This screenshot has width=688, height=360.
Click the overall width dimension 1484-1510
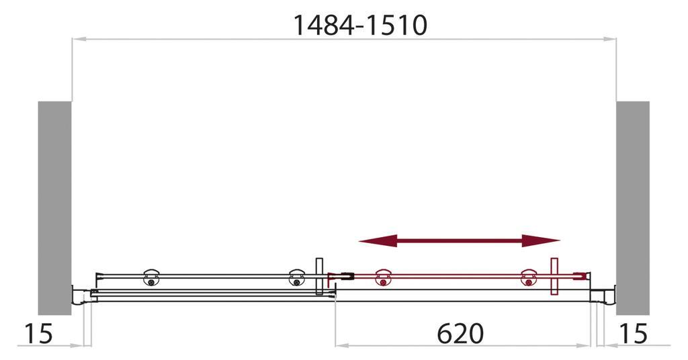click(x=360, y=25)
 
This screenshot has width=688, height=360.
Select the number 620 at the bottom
click(x=460, y=333)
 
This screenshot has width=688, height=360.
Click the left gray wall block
click(x=54, y=208)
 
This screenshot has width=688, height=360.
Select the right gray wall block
click(x=633, y=208)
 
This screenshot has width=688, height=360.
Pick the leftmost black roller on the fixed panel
click(x=151, y=278)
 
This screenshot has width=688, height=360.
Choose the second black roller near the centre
click(x=296, y=278)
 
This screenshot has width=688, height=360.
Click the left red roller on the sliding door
click(x=383, y=278)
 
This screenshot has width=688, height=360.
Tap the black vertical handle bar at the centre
click(x=319, y=276)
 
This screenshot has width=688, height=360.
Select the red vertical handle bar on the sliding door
click(x=554, y=276)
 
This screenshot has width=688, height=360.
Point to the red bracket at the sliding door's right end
click(x=584, y=275)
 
